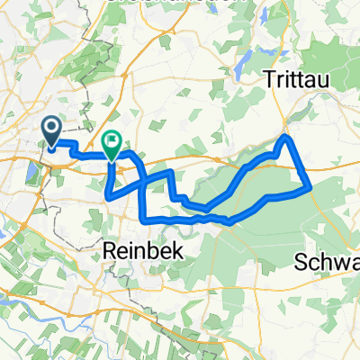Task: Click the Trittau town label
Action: click(296, 79)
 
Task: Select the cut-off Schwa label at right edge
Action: click(328, 262)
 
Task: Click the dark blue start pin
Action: click(53, 132)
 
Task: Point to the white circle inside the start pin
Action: click(53, 129)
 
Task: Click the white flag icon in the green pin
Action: click(112, 140)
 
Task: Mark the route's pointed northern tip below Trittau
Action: click(287, 135)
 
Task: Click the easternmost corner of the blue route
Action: click(310, 187)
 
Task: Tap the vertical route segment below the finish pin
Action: click(109, 180)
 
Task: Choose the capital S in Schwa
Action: click(301, 262)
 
